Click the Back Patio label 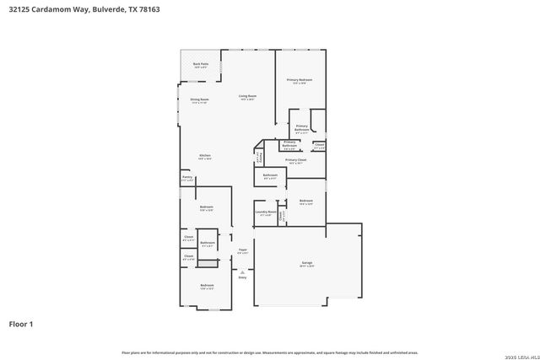tap(201, 65)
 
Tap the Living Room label tap(247, 97)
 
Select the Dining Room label tap(199, 101)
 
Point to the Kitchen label tap(204, 157)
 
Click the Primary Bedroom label tap(299, 81)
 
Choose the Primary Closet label tap(295, 161)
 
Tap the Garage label tap(307, 265)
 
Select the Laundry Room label tap(266, 213)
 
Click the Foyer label tap(242, 250)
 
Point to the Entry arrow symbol tap(242, 271)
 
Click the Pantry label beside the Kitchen tap(186, 178)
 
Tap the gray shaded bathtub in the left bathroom tap(208, 263)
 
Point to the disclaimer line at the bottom tap(270, 352)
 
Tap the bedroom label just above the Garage tap(305, 202)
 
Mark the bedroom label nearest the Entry tap(207, 287)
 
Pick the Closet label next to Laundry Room tap(281, 215)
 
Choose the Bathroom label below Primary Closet tap(270, 177)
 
